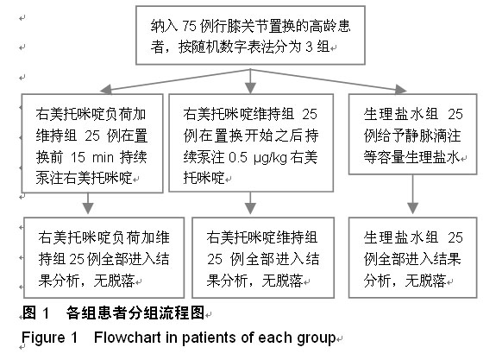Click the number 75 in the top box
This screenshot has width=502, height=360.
pos(189,26)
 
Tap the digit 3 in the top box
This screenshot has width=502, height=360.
pos(309,47)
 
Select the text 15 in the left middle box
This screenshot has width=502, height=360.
pos(78,157)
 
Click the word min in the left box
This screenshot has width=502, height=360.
pos(104,158)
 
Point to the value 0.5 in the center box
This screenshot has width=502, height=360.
pos(238,157)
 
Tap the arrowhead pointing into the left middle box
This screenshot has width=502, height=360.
pos(106,90)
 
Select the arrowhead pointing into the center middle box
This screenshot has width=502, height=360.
pos(250,88)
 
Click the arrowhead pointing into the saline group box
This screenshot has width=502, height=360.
pos(400,89)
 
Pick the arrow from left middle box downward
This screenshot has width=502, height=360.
pos(88,203)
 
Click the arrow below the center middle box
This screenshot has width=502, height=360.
pos(250,203)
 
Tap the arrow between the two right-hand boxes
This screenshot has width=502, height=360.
pos(412,194)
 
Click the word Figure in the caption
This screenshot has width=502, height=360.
pos(43,338)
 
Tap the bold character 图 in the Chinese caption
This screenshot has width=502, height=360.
pos(28,313)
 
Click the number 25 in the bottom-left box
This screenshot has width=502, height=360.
pos(77,259)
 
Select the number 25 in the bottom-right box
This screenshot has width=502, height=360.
pos(455,238)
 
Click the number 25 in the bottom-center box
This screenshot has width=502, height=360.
pos(215,259)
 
